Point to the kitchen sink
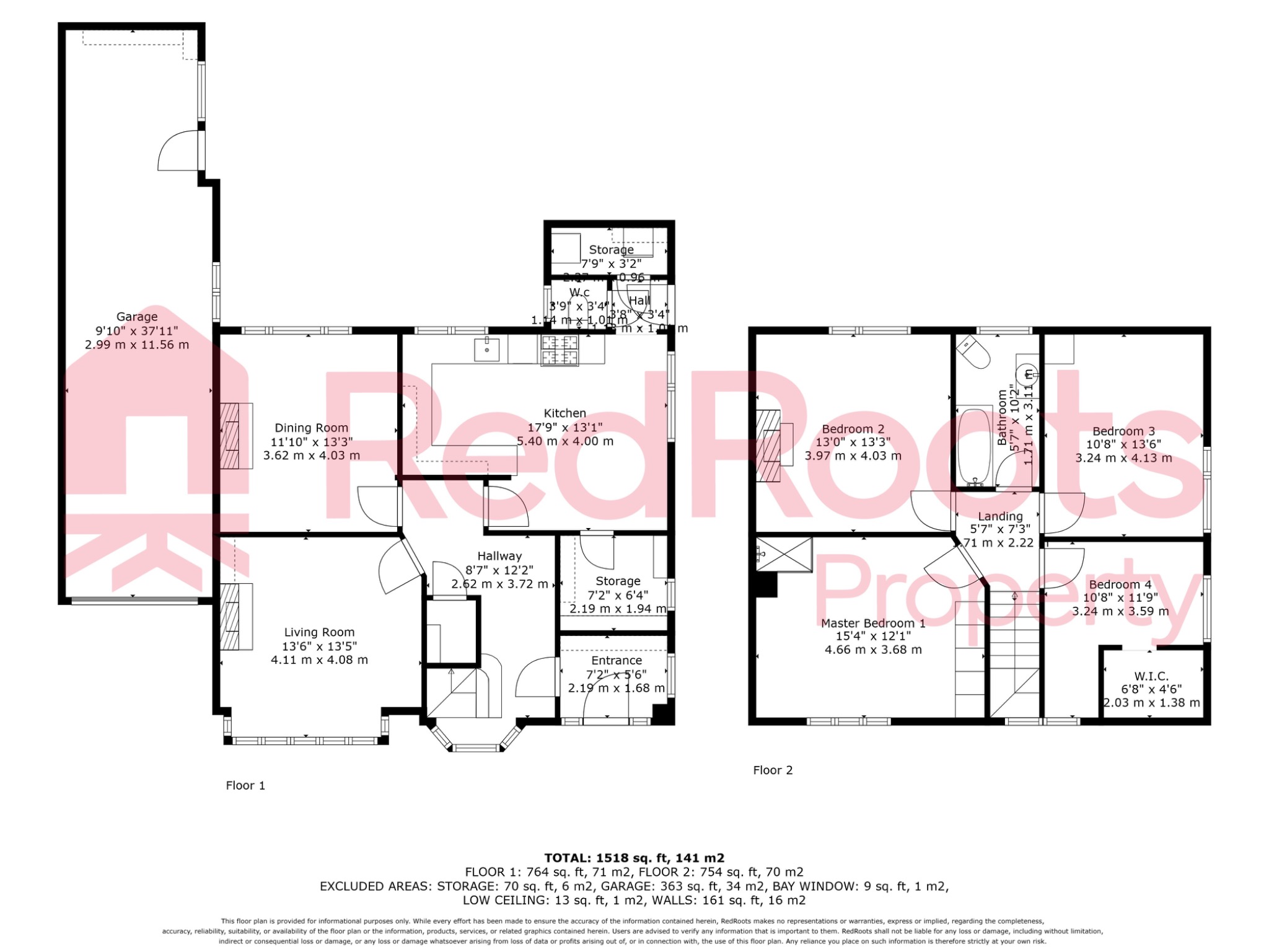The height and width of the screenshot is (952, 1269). pos(487,350)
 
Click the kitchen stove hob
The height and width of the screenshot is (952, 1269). pos(560,350)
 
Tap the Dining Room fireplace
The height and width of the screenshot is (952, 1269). pos(231,436)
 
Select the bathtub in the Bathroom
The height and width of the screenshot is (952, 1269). pos(974,446)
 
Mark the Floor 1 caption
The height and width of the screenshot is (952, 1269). pos(245,786)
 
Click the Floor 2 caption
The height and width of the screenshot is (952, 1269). pos(773,770)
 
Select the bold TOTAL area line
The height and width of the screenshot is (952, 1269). pos(634,858)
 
